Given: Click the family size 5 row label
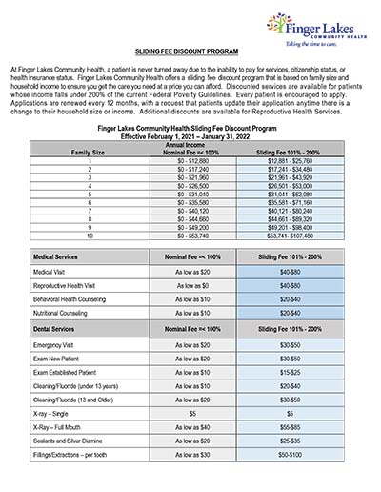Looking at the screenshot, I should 88,194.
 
